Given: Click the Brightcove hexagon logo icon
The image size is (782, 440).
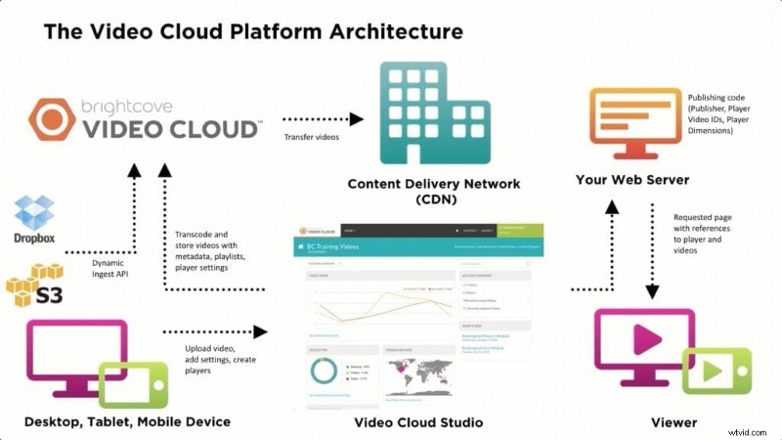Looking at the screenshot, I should coord(52,118).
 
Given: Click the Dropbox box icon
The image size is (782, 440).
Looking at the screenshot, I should coord(36,213).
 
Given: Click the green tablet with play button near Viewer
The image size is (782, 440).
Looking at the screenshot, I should coord(717,371).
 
